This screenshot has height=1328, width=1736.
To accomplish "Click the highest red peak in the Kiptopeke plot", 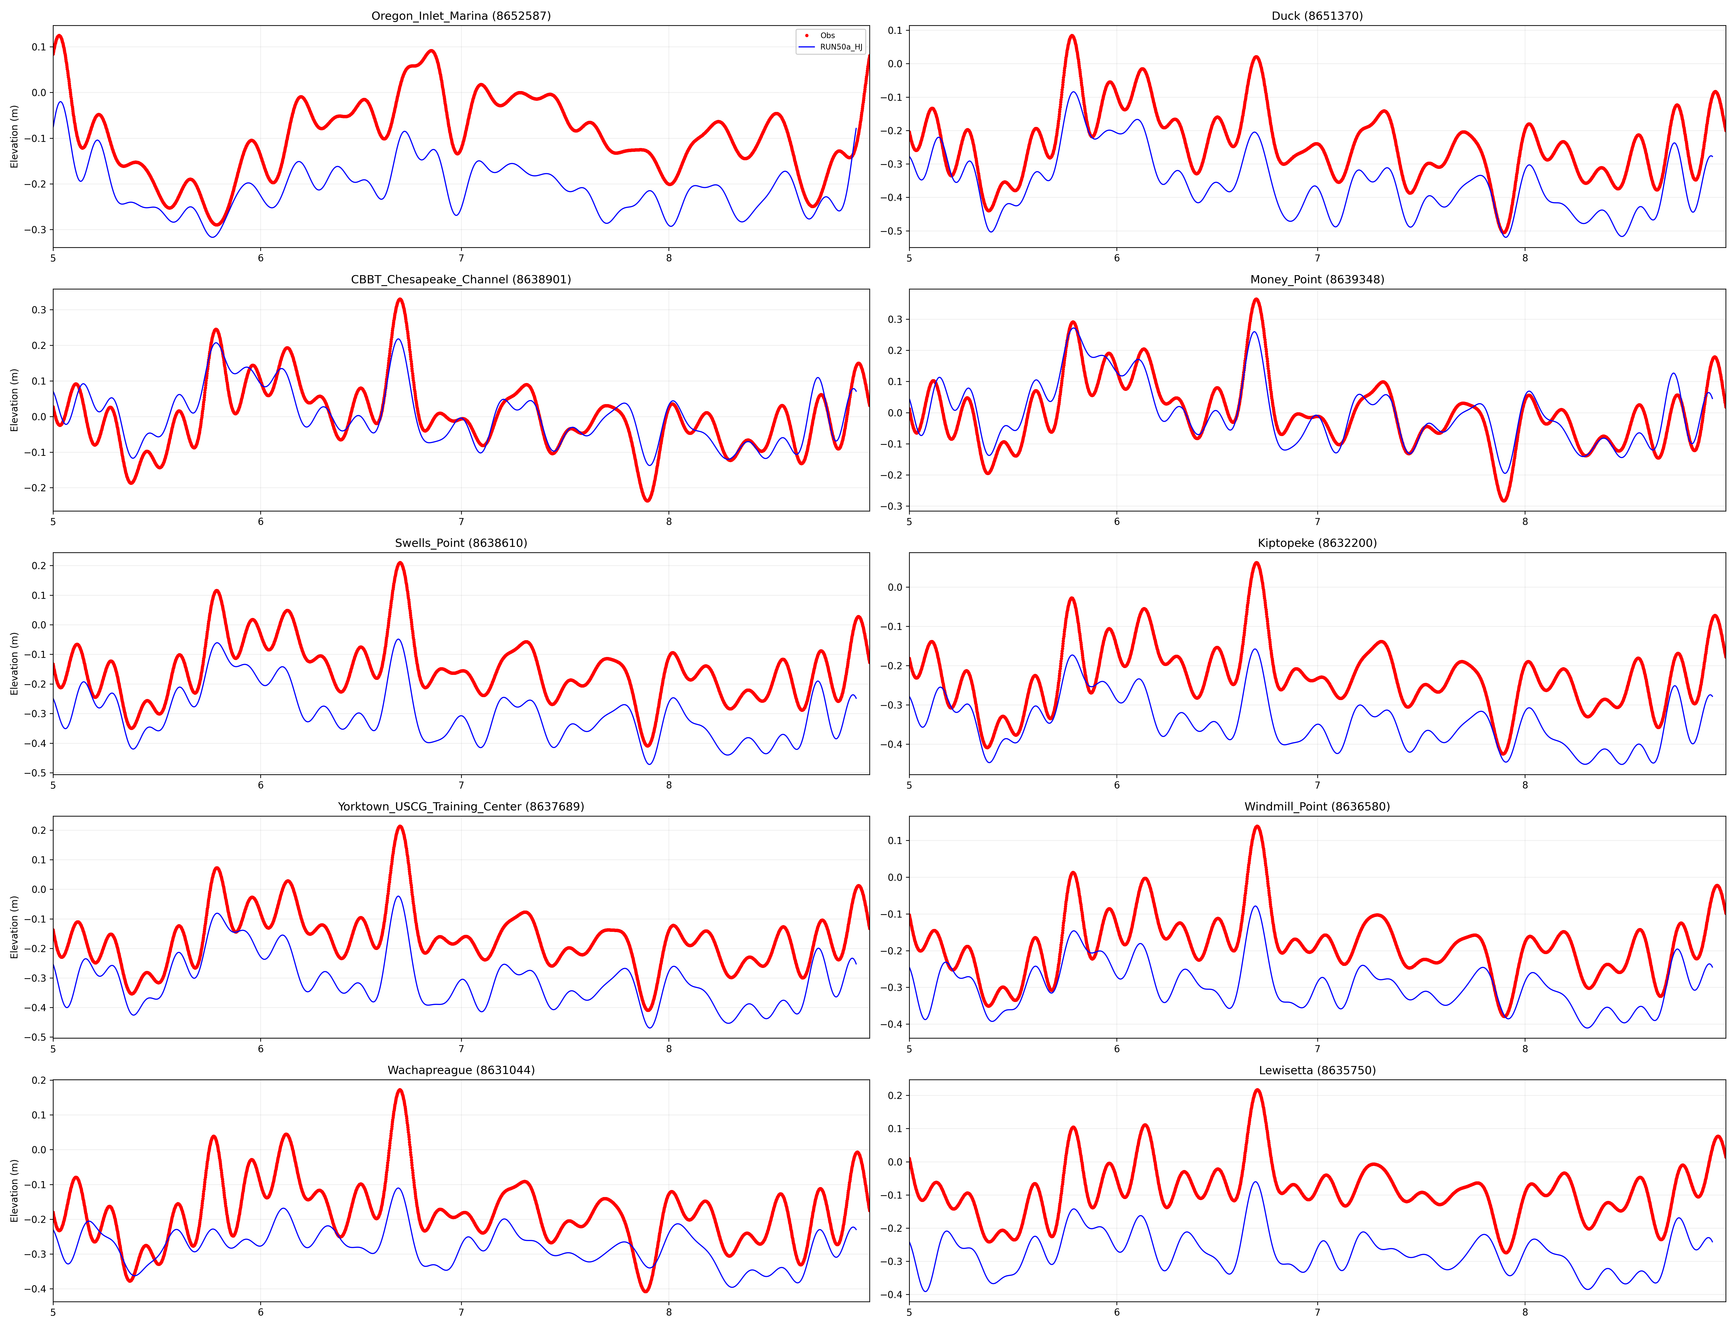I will (x=1256, y=564).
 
